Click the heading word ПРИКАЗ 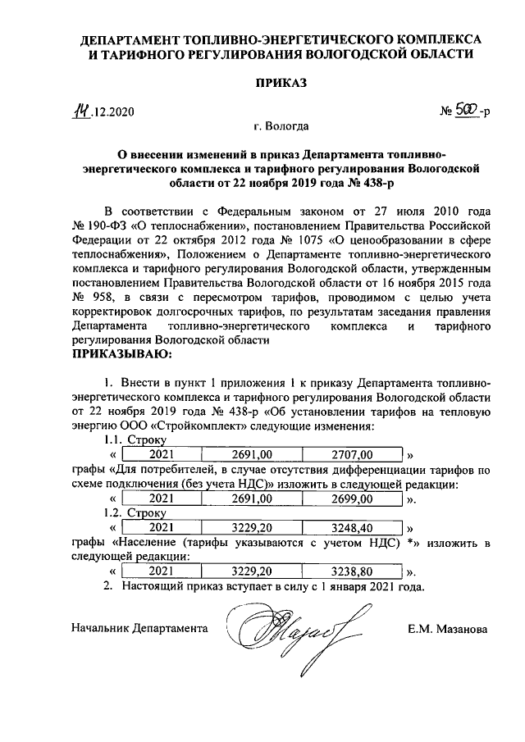[262, 83]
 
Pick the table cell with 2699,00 [352, 498]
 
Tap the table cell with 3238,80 [352, 571]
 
